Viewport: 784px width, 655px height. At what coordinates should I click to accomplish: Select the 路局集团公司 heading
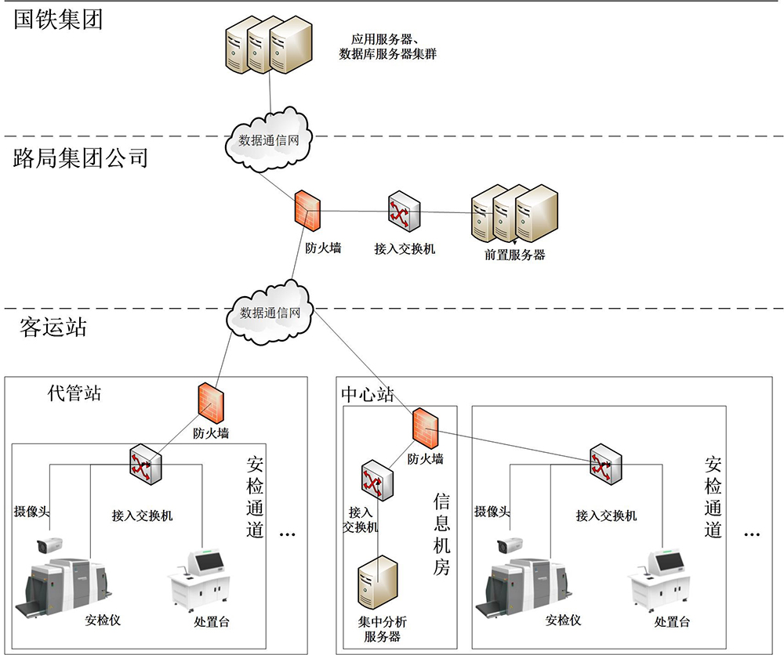tap(81, 159)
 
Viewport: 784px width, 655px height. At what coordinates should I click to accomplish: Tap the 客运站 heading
tap(53, 327)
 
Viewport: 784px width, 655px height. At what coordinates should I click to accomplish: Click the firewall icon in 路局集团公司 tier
tap(307, 209)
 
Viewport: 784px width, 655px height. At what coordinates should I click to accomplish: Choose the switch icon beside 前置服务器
tap(404, 212)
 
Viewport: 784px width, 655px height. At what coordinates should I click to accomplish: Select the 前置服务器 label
tap(514, 255)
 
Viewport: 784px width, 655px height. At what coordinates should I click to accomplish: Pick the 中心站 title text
tap(368, 394)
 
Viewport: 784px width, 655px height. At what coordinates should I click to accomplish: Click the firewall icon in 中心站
tap(425, 426)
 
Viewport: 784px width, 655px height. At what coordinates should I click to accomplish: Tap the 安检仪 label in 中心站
tap(563, 621)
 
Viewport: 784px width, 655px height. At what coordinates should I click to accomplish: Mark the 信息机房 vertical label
tap(441, 534)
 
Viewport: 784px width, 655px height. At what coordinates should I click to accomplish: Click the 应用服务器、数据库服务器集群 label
tap(387, 46)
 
